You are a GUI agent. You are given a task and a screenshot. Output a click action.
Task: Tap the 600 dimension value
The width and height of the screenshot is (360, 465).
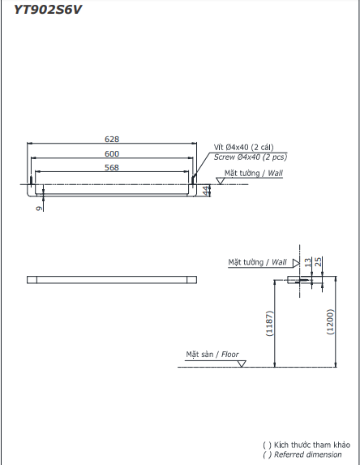112,153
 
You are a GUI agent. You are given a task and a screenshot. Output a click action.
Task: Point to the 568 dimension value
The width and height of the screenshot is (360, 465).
112,167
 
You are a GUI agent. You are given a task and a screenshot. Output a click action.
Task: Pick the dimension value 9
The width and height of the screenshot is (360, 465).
37,207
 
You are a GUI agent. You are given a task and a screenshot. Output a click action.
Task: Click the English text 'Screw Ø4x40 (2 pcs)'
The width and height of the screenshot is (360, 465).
250,157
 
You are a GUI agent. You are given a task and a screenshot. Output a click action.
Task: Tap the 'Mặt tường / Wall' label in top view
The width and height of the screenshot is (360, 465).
253,173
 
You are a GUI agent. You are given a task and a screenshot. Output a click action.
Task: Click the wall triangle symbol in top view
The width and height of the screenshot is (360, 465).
220,180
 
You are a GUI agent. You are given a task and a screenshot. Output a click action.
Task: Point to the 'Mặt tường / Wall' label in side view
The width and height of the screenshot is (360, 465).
258,262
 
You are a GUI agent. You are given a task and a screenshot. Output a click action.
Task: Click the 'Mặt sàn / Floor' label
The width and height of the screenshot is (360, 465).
212,355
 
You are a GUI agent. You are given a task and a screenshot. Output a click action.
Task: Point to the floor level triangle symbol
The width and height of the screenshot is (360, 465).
242,362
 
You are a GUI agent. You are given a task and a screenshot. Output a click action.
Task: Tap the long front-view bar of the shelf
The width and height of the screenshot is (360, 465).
112,280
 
